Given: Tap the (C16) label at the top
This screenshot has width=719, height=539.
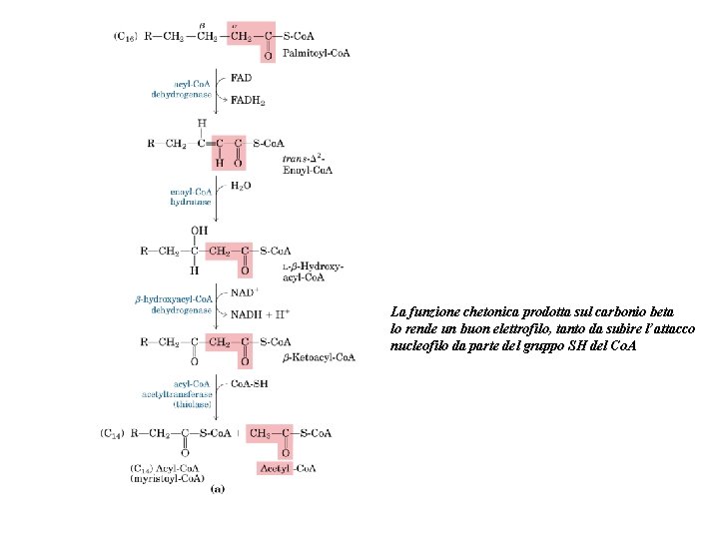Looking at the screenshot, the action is pos(128,37).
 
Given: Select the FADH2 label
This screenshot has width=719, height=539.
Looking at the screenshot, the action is pos(247,100).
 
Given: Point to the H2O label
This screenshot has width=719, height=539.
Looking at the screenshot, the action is pos(241,186).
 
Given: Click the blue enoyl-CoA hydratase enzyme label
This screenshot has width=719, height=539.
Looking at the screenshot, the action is pos(190,196).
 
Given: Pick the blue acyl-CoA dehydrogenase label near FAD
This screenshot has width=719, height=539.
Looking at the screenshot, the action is pos(181,89).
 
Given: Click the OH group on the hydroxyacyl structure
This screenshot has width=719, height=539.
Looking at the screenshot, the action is pos(199,230).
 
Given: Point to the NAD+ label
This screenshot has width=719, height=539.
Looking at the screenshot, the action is pos(246,293).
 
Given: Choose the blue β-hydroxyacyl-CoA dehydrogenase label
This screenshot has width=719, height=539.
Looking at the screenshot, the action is pos(174,304).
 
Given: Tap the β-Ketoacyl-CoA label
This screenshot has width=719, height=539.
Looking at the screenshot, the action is pos(319,356).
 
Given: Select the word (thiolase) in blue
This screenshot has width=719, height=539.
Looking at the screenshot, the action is pos(189,404).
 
